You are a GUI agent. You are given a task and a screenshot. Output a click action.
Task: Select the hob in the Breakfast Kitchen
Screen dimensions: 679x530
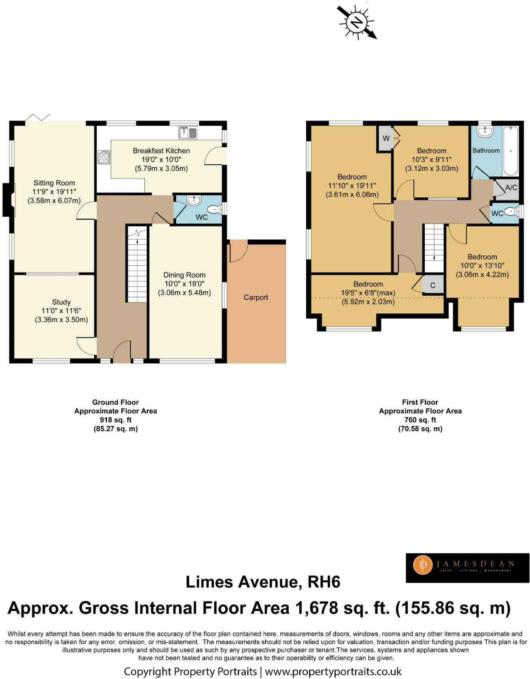104,157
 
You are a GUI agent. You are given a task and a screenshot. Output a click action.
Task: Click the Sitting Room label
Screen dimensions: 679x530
54,183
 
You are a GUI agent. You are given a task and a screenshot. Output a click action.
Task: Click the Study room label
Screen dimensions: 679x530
61,302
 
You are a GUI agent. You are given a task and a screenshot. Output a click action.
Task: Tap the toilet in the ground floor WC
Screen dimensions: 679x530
214,209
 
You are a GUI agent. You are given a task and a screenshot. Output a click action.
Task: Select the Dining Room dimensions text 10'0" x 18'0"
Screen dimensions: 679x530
184,284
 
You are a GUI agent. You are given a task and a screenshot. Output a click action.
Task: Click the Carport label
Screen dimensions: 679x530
256,297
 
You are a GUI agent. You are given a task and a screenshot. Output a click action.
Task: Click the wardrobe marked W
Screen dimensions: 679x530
386,138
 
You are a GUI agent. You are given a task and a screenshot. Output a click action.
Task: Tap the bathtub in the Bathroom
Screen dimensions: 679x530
511,151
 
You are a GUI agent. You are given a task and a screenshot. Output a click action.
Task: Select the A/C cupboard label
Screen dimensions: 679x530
511,188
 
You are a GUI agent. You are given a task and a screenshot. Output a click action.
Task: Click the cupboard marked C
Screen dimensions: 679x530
433,285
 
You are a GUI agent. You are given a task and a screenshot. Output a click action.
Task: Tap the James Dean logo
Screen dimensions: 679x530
467,568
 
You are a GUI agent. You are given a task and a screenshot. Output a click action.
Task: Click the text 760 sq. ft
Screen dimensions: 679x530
420,420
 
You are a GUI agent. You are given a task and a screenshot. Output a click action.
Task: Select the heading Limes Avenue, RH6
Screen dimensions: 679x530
263,582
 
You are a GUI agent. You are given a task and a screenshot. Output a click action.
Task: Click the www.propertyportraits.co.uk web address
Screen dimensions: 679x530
333,671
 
